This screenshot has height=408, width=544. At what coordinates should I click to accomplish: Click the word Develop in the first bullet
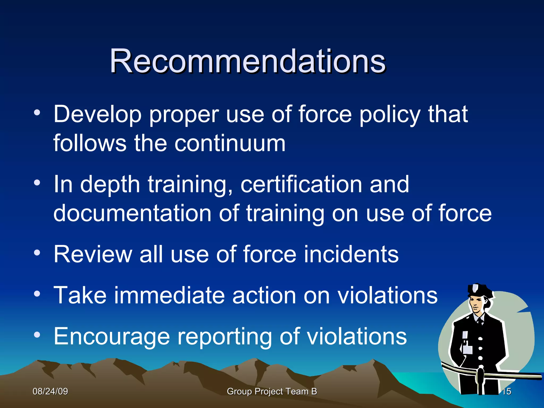click(x=97, y=115)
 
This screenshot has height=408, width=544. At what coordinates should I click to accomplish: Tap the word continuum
click(x=230, y=144)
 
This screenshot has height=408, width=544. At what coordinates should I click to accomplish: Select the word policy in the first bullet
click(x=390, y=115)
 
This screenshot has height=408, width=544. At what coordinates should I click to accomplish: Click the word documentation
click(x=132, y=213)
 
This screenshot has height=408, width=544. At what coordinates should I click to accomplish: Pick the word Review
click(x=93, y=254)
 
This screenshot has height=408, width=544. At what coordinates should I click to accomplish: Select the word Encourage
click(x=112, y=337)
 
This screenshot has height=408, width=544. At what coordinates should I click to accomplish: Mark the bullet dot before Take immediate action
click(x=37, y=294)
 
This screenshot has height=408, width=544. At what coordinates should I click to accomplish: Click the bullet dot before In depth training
click(x=37, y=183)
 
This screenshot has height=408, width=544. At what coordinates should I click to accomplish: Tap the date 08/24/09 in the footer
click(x=50, y=391)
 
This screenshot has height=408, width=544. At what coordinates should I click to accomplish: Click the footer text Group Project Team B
click(x=272, y=391)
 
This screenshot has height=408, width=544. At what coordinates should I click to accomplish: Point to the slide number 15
click(x=507, y=391)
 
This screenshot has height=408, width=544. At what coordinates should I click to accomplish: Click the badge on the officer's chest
click(x=465, y=335)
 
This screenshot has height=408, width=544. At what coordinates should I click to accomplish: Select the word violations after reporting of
click(x=357, y=337)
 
